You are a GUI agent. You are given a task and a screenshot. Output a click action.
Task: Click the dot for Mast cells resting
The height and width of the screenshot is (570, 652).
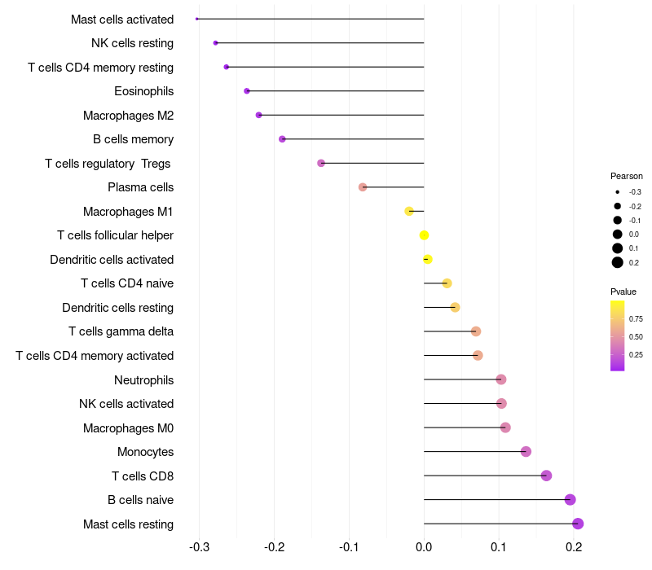click(x=578, y=524)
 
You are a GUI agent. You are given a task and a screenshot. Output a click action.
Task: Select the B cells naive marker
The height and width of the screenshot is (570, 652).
click(x=570, y=500)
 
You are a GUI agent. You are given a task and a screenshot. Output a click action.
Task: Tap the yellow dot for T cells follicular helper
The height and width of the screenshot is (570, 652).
click(x=424, y=235)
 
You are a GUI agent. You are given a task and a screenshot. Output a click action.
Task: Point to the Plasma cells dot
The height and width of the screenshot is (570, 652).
click(x=363, y=187)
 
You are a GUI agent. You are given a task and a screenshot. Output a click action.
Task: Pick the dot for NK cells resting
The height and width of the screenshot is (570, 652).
click(x=215, y=43)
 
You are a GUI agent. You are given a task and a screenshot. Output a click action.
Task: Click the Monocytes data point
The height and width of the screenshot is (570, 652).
click(x=526, y=452)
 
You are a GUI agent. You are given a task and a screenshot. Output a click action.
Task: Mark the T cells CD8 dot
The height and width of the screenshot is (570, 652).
click(x=546, y=476)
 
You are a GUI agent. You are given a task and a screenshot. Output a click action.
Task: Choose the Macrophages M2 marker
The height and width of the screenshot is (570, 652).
click(x=258, y=115)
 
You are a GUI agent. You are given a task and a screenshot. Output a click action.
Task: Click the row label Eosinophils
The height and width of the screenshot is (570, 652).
click(x=143, y=91)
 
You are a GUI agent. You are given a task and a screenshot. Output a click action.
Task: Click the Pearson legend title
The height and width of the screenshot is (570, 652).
click(x=626, y=176)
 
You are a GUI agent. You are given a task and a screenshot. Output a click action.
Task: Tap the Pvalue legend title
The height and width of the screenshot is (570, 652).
click(x=623, y=292)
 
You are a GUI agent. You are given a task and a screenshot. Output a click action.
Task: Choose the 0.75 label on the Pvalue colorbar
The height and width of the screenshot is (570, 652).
click(x=636, y=319)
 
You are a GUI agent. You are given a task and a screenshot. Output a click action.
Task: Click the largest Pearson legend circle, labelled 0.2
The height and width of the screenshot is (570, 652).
click(x=618, y=262)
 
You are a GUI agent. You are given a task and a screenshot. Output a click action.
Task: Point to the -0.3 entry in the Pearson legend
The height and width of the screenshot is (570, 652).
click(x=618, y=192)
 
